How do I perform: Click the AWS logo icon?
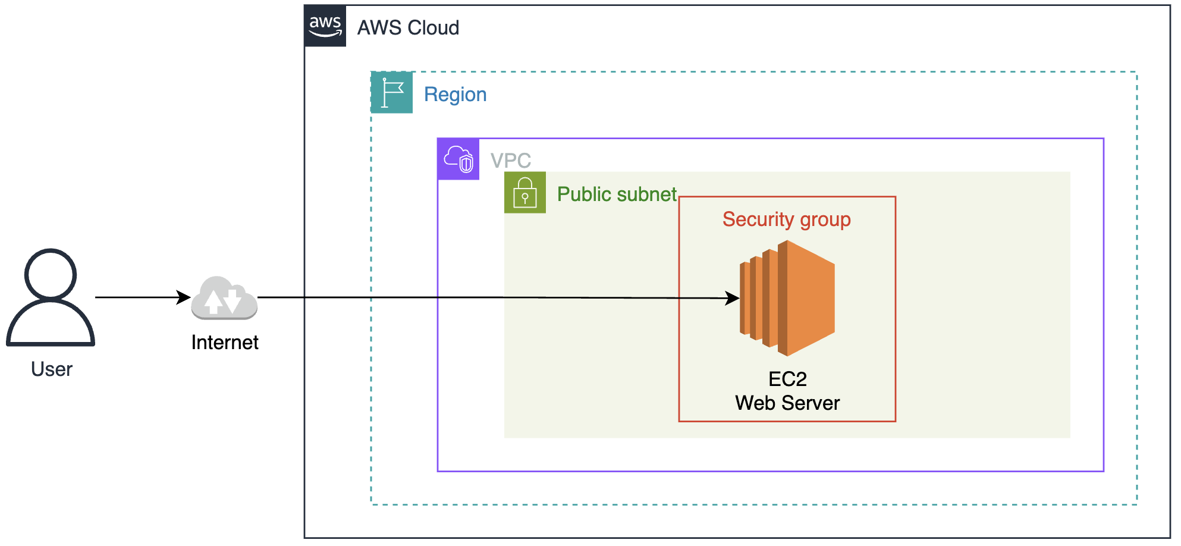click(x=325, y=26)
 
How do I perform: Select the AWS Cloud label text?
click(x=408, y=28)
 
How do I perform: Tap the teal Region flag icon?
click(x=392, y=93)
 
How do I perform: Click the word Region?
click(x=455, y=95)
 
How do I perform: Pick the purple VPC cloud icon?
click(x=458, y=159)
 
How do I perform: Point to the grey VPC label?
click(x=510, y=161)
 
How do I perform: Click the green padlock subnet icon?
click(x=525, y=193)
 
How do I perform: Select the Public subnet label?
click(x=617, y=194)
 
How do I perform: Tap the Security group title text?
click(x=786, y=219)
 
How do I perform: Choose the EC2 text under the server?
click(x=787, y=379)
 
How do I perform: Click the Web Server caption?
click(x=787, y=403)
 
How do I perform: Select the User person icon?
click(x=51, y=297)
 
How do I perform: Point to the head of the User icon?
click(x=51, y=274)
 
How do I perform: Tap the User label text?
click(x=52, y=369)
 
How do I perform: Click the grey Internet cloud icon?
click(x=224, y=298)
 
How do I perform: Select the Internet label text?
click(x=225, y=343)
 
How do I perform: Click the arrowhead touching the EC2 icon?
click(x=733, y=298)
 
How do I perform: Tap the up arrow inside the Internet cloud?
click(x=213, y=301)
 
